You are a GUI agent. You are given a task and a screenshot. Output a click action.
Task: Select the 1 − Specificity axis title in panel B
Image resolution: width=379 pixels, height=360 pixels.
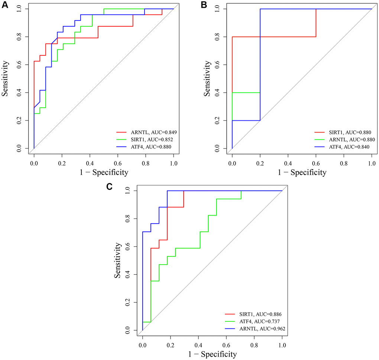[x=302, y=172]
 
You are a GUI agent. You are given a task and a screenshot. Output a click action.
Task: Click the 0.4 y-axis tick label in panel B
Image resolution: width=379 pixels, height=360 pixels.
[x=216, y=93]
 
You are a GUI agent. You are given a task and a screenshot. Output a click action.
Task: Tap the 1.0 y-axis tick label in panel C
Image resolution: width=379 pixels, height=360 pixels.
[x=129, y=191]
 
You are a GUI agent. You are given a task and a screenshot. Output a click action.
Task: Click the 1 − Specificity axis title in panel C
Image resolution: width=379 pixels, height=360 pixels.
[x=212, y=354]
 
